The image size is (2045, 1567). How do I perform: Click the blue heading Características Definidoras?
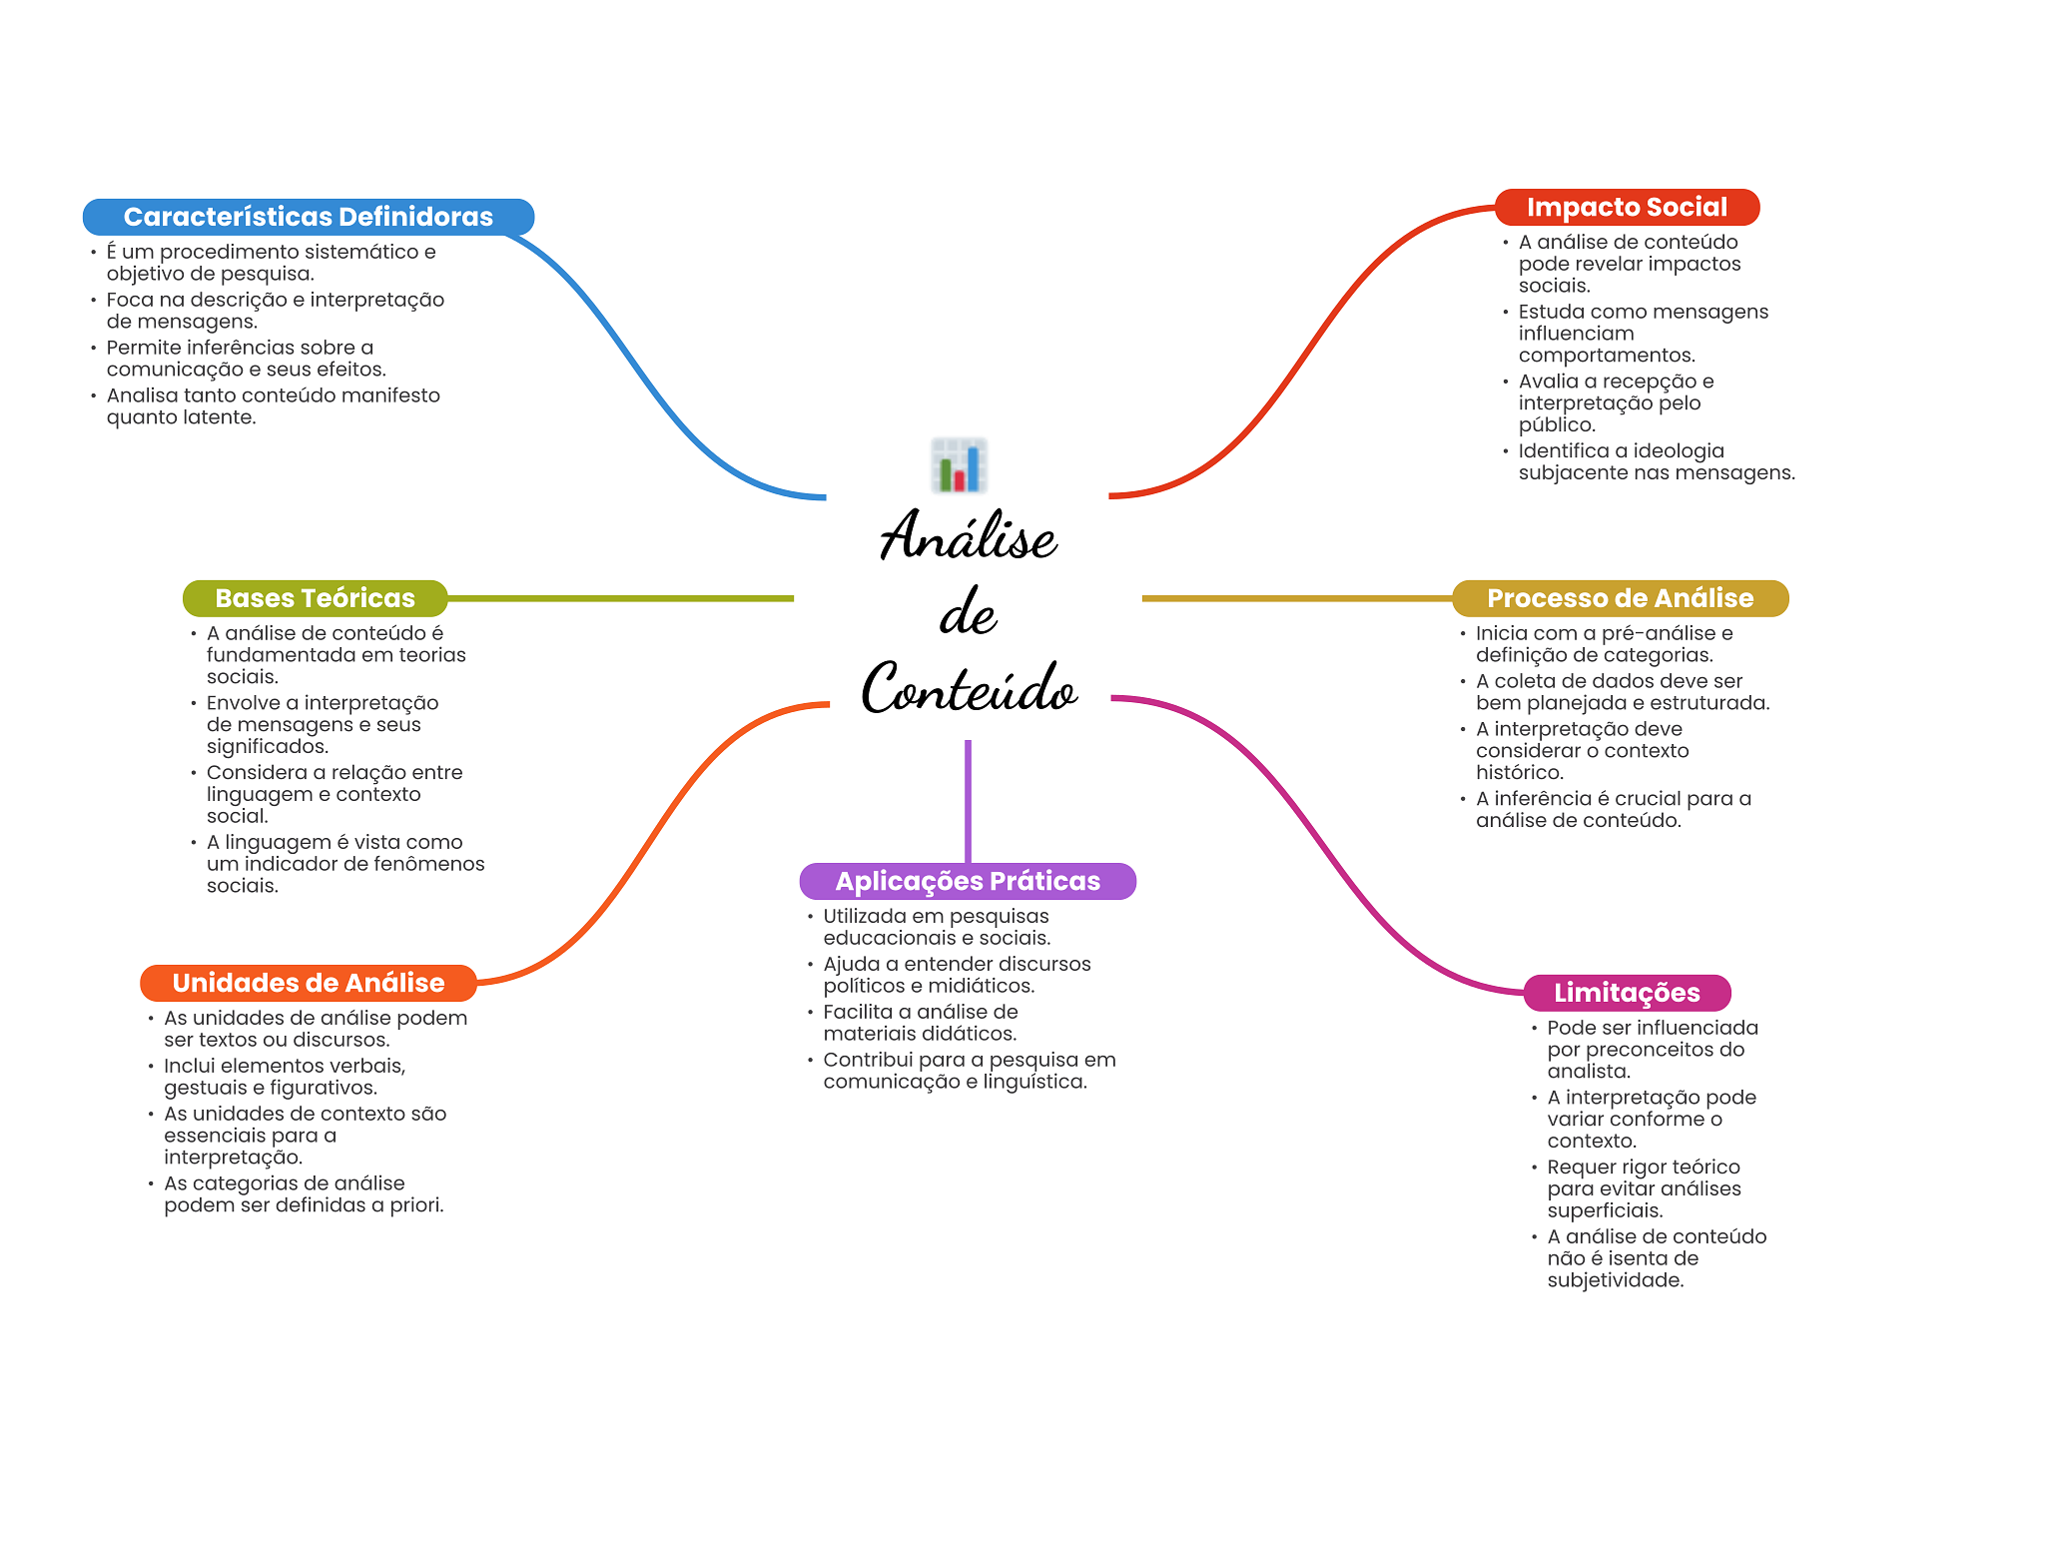[308, 217]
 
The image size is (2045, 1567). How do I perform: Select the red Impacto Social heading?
[1626, 207]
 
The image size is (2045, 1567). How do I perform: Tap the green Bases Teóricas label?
[315, 598]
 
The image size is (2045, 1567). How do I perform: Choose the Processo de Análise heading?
[1620, 598]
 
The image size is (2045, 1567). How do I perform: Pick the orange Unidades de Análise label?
[308, 983]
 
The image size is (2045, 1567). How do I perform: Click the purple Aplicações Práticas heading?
[967, 881]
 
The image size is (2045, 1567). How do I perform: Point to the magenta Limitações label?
[1626, 993]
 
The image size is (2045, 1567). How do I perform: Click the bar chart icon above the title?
[959, 465]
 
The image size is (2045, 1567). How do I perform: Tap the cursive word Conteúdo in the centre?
[969, 689]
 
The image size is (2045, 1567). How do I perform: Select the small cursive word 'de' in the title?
[967, 613]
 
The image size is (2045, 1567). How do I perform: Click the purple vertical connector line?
[968, 799]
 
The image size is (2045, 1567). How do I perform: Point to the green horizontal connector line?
[619, 598]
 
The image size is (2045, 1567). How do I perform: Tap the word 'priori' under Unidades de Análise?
[415, 1205]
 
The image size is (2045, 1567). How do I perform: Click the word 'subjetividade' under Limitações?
[1615, 1280]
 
